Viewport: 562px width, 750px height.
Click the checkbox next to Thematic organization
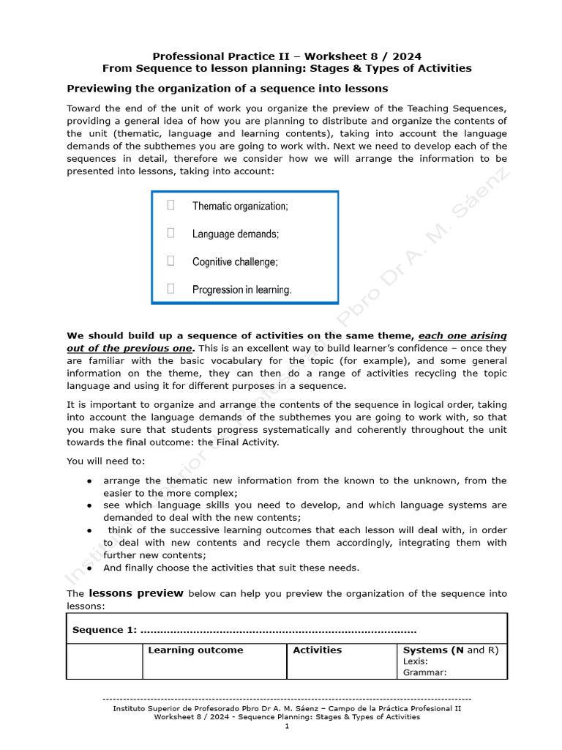click(x=171, y=205)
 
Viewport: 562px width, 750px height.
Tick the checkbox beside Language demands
click(x=171, y=233)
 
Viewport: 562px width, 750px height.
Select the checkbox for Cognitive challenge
click(x=171, y=261)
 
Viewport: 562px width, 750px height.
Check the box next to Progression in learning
click(x=171, y=289)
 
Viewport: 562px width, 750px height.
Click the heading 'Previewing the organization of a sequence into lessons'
click(x=228, y=89)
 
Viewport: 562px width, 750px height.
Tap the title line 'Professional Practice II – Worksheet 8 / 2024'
click(x=287, y=56)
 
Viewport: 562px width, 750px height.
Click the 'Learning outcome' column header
click(x=195, y=650)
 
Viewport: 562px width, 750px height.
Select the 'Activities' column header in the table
click(x=317, y=650)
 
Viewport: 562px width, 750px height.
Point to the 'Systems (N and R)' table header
click(x=450, y=650)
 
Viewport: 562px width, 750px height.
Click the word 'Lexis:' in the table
click(x=416, y=661)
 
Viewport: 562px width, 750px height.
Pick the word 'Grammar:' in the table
click(x=424, y=672)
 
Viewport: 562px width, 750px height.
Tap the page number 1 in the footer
click(x=287, y=727)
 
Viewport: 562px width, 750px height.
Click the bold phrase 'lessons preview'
click(x=136, y=593)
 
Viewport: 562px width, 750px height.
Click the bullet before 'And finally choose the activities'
click(x=89, y=568)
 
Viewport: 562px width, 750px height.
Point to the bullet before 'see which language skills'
click(x=89, y=505)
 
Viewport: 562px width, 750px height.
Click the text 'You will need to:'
click(x=106, y=461)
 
